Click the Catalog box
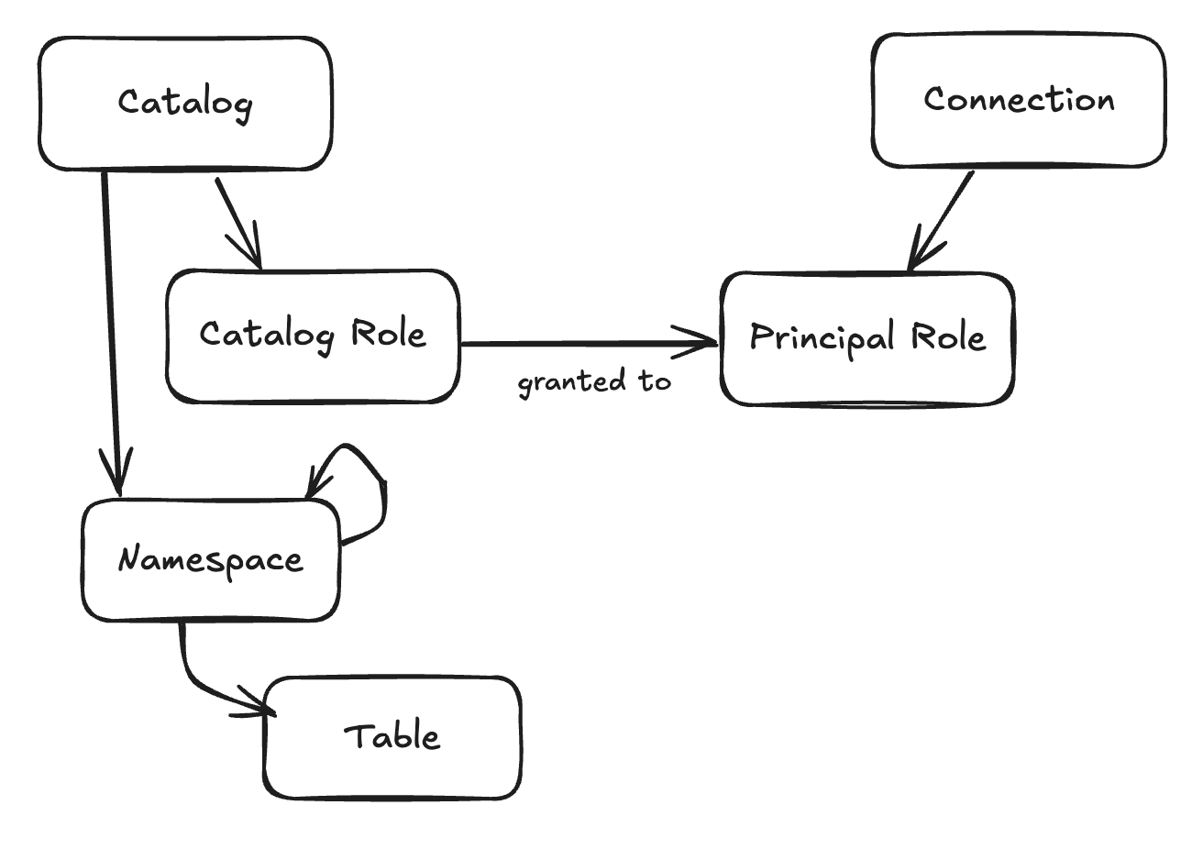click(x=184, y=103)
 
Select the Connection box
click(x=1018, y=100)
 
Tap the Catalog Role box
click(x=313, y=336)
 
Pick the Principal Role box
click(x=867, y=338)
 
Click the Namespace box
click(x=210, y=560)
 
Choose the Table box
click(x=392, y=737)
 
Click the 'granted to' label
click(x=594, y=381)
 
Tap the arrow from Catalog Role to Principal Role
click(x=587, y=344)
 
